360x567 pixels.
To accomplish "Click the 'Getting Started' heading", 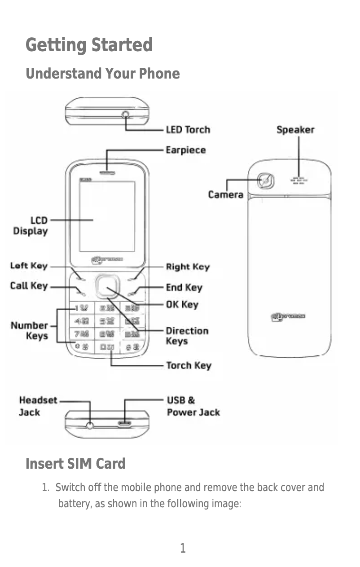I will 89,45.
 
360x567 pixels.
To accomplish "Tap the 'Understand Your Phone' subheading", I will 102,74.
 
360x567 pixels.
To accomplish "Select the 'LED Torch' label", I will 188,130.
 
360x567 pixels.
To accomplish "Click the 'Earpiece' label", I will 186,150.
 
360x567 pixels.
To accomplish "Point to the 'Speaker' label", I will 295,130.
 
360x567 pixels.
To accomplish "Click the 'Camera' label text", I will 225,195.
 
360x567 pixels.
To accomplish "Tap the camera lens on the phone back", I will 266,181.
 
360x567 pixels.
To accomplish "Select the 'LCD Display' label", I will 31,226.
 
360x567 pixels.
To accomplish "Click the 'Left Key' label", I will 29,266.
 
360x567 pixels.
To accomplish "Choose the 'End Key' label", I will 184,287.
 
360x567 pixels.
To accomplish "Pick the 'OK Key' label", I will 182,305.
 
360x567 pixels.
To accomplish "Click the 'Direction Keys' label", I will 187,336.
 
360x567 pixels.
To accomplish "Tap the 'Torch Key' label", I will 189,365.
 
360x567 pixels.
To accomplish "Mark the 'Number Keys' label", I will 30,331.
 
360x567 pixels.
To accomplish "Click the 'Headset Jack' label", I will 38,406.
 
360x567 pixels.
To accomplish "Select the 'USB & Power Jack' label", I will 193,406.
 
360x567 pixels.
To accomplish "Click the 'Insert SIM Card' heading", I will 75,463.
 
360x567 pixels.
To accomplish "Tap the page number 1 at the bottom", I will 183,548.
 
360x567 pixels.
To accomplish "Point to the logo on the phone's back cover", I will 288,317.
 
